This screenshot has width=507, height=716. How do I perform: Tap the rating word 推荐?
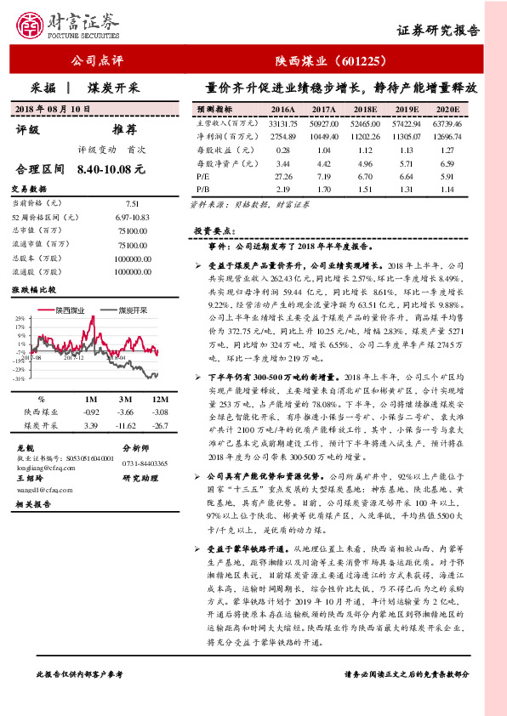click(x=124, y=130)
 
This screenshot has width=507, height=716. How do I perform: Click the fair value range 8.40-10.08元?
click(x=111, y=169)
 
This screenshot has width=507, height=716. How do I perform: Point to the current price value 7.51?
click(x=132, y=204)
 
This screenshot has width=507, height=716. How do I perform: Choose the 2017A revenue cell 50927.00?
click(x=324, y=123)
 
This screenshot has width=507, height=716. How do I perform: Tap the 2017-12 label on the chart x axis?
click(x=74, y=357)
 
